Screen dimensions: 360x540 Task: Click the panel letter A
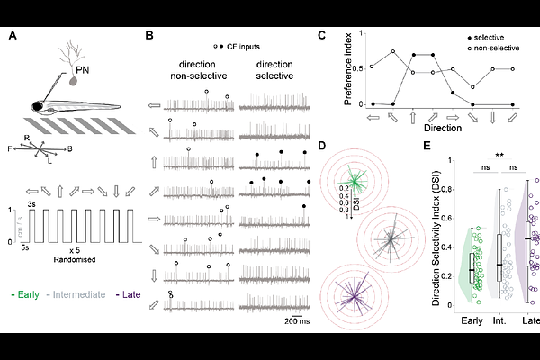(x=12, y=36)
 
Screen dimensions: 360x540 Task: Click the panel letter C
(x=323, y=36)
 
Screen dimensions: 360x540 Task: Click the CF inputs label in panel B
(x=243, y=45)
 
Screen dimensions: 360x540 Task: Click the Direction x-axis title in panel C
(x=431, y=129)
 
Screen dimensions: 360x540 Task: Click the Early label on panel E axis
(x=471, y=319)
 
